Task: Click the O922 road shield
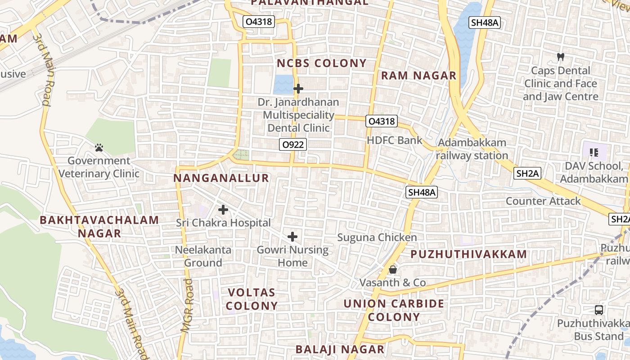click(x=292, y=144)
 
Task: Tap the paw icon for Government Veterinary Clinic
click(x=99, y=147)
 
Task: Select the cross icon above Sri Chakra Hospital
click(x=223, y=210)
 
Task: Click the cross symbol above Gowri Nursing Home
click(x=292, y=237)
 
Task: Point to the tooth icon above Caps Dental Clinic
click(x=560, y=57)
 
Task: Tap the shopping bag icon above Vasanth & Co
click(x=393, y=270)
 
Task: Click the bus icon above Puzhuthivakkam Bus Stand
click(x=599, y=310)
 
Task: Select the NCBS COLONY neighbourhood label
click(x=322, y=63)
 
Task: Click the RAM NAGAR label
click(x=418, y=76)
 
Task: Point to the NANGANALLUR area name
click(x=221, y=178)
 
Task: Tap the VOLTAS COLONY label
click(x=252, y=299)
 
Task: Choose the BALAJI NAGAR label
click(x=340, y=349)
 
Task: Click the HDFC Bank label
click(x=395, y=140)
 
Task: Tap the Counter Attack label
click(x=543, y=201)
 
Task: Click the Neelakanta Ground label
click(x=203, y=256)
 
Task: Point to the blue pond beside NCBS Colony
click(x=283, y=84)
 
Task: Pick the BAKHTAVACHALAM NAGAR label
click(x=99, y=227)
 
